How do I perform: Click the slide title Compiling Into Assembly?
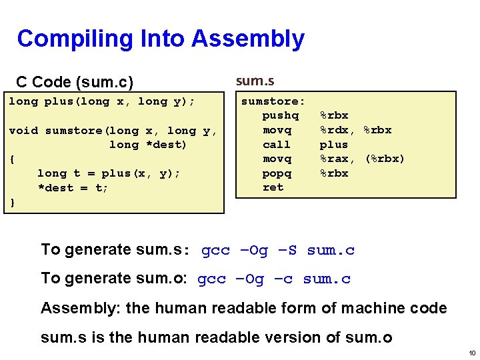(x=161, y=39)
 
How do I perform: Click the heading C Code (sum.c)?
(x=75, y=82)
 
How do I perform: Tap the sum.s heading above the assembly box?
(x=255, y=81)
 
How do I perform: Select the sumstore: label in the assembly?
(x=273, y=101)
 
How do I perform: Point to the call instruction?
(x=277, y=144)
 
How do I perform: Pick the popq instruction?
(x=277, y=173)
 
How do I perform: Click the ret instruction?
(x=273, y=187)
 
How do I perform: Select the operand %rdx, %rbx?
(x=355, y=130)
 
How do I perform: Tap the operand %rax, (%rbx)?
(x=362, y=159)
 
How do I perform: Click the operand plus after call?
(x=333, y=144)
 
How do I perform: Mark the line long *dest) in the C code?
(x=148, y=145)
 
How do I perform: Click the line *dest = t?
(x=73, y=187)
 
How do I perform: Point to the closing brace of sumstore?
(x=12, y=202)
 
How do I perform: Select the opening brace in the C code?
(x=12, y=159)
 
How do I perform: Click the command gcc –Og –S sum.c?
(x=277, y=250)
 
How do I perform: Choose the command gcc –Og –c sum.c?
(x=274, y=279)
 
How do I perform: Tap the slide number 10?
(x=471, y=352)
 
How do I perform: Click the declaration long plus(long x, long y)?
(x=101, y=101)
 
